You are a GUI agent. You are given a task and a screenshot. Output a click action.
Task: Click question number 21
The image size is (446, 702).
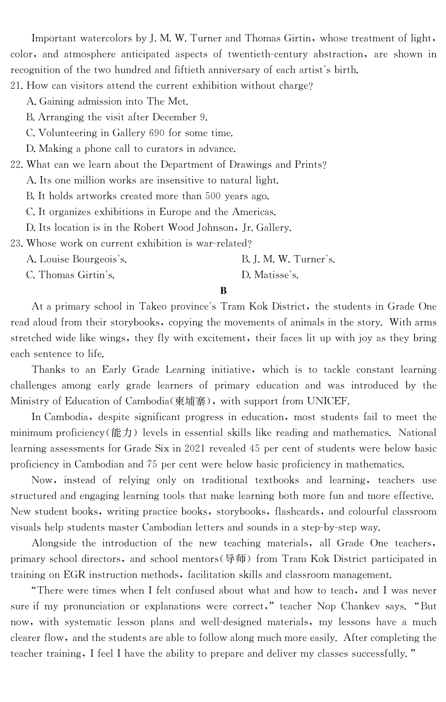tap(17, 86)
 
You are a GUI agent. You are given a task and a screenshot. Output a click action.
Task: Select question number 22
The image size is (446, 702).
tap(17, 165)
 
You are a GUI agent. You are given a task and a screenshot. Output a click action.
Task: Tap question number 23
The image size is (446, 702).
tap(17, 244)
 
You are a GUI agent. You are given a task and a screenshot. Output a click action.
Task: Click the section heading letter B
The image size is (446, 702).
tap(223, 291)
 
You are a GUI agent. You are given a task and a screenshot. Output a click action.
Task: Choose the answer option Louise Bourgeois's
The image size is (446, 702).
tap(83, 259)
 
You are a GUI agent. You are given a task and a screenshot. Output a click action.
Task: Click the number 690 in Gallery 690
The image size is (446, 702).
tap(157, 133)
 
